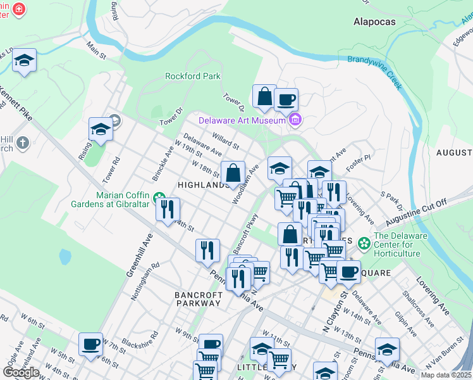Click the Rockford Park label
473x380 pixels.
192,76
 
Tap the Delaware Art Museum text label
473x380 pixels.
242,120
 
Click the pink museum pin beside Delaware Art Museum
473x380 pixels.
294,119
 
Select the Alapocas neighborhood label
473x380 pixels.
374,22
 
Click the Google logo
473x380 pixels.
21,372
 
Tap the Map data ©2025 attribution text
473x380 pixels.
446,375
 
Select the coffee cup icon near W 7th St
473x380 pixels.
91,344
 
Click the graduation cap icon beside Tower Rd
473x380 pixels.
101,129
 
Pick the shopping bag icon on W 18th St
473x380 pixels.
233,172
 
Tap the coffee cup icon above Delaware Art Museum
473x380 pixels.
286,99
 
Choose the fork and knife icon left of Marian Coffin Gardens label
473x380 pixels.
168,208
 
